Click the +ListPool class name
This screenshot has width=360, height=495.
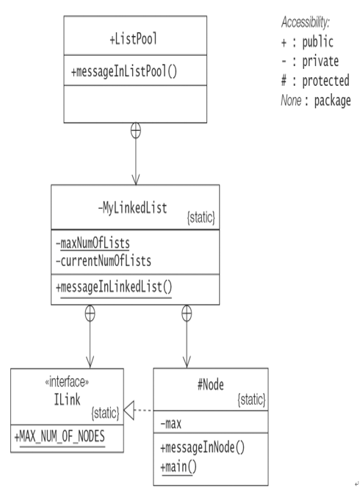[133, 39]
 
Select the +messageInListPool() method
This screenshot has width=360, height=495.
[123, 71]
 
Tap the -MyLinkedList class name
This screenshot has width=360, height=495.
[132, 208]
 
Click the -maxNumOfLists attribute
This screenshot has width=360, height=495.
[93, 243]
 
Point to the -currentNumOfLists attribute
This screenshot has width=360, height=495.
[104, 261]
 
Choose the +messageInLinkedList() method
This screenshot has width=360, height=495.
[114, 288]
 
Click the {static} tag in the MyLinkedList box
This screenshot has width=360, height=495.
[201, 218]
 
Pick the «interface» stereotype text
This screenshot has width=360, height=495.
[67, 382]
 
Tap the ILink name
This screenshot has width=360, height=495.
[67, 400]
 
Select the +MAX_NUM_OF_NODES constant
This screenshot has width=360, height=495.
[60, 437]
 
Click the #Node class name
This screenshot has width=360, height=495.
[211, 385]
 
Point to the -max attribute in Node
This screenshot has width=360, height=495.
[171, 424]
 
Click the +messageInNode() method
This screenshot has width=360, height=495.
[203, 448]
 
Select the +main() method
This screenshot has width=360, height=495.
[179, 466]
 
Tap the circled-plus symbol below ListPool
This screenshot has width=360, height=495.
[136, 131]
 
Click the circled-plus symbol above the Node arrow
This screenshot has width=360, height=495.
[187, 314]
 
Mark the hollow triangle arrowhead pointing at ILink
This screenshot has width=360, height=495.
[129, 411]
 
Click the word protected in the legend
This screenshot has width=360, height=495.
[325, 81]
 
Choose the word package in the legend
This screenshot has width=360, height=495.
[332, 101]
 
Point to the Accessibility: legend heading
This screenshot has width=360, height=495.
[306, 22]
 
